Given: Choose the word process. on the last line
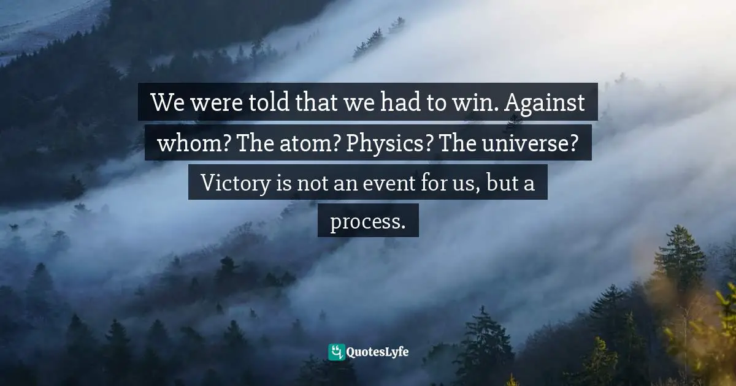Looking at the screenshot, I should click(x=367, y=222).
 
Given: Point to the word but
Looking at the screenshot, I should click(x=501, y=183).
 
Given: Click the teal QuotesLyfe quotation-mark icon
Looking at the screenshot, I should click(x=336, y=352).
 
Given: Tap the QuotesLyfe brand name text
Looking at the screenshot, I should click(x=378, y=352).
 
